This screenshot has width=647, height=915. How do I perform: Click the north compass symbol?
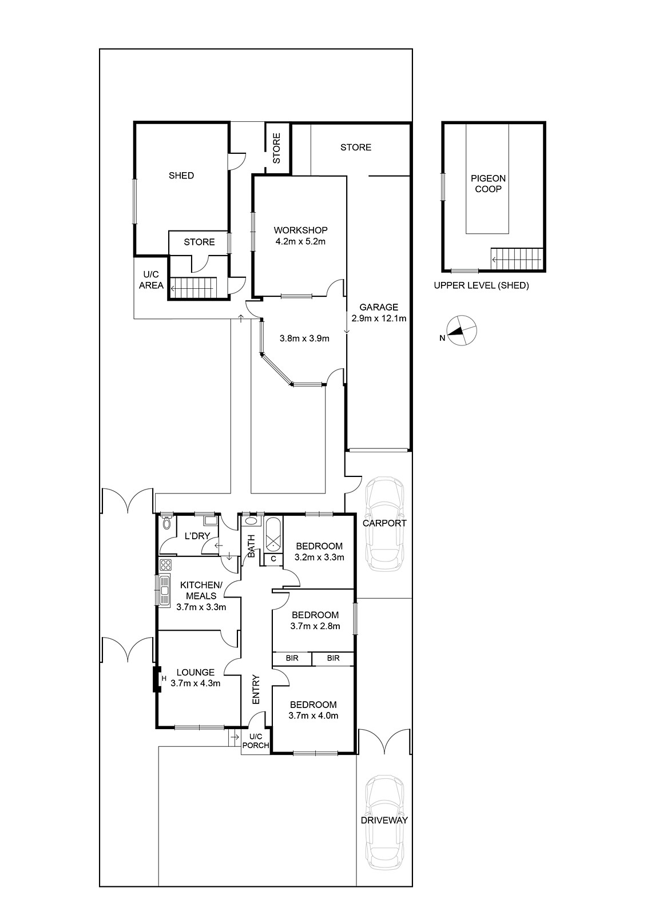(x=462, y=331)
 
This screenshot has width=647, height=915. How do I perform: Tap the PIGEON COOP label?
(x=488, y=184)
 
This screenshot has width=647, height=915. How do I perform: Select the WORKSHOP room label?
(x=300, y=230)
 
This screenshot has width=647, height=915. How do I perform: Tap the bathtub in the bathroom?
(x=273, y=534)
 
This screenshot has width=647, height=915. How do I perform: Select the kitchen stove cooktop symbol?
(x=165, y=565)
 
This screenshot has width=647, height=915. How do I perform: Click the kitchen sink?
(x=164, y=590)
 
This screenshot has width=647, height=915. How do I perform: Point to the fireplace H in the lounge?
(x=164, y=678)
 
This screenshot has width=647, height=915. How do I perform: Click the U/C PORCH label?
(x=256, y=741)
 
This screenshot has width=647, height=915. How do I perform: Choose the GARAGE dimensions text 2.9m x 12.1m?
(x=379, y=318)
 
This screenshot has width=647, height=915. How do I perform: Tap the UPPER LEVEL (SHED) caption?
(x=482, y=285)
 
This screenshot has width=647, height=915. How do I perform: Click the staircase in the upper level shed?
(x=517, y=259)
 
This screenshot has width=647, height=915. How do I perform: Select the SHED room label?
(x=181, y=176)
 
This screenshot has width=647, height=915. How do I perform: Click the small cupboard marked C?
(x=273, y=558)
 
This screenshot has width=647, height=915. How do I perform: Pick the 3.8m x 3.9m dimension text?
(x=304, y=338)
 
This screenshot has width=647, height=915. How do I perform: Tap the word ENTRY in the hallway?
(x=256, y=690)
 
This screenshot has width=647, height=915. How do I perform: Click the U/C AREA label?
(x=151, y=280)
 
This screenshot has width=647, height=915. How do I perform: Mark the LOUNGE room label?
(x=196, y=672)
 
